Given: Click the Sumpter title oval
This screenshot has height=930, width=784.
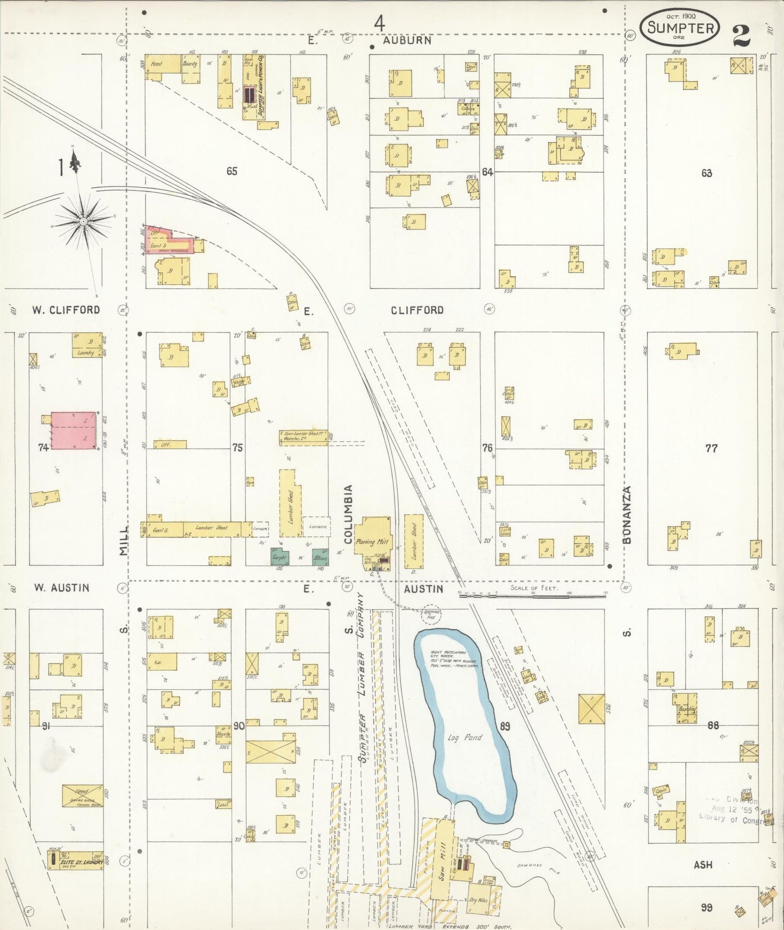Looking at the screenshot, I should click(680, 27).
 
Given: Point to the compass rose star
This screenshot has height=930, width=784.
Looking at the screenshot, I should click(83, 221).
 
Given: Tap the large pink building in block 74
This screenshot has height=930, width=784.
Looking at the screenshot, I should click(75, 431).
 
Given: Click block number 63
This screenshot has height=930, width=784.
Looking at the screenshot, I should click(706, 174).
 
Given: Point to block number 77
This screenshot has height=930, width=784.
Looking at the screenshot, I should click(711, 448).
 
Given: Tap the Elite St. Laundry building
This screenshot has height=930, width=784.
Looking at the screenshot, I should click(76, 862).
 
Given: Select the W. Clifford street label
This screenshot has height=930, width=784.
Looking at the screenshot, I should click(66, 310).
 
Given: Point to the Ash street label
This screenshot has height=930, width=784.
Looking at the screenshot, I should click(703, 864).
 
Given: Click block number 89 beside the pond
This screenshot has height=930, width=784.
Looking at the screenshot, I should click(505, 726).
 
